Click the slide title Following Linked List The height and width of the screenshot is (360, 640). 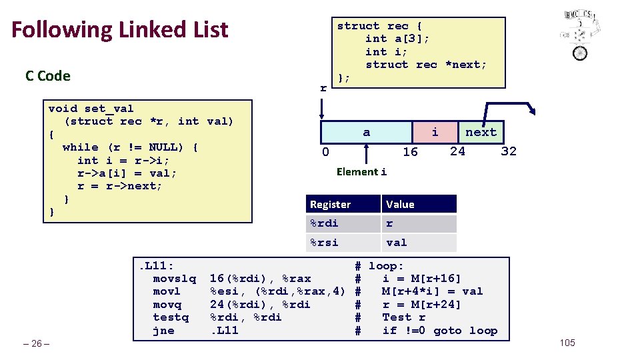tap(120, 30)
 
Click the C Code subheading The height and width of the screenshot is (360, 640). tap(47, 76)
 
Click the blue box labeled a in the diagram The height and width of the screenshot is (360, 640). tap(367, 132)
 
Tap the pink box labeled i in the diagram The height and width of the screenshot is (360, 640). tap(435, 132)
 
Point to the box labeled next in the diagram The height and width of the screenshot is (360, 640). tap(481, 132)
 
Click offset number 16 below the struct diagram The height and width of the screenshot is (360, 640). tap(410, 152)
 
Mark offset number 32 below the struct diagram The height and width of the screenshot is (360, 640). tap(509, 151)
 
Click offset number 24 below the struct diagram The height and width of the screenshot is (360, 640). tap(457, 151)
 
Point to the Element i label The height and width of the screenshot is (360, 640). tap(361, 172)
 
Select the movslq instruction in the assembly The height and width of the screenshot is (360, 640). tap(175, 278)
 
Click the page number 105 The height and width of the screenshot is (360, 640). tap(567, 343)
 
